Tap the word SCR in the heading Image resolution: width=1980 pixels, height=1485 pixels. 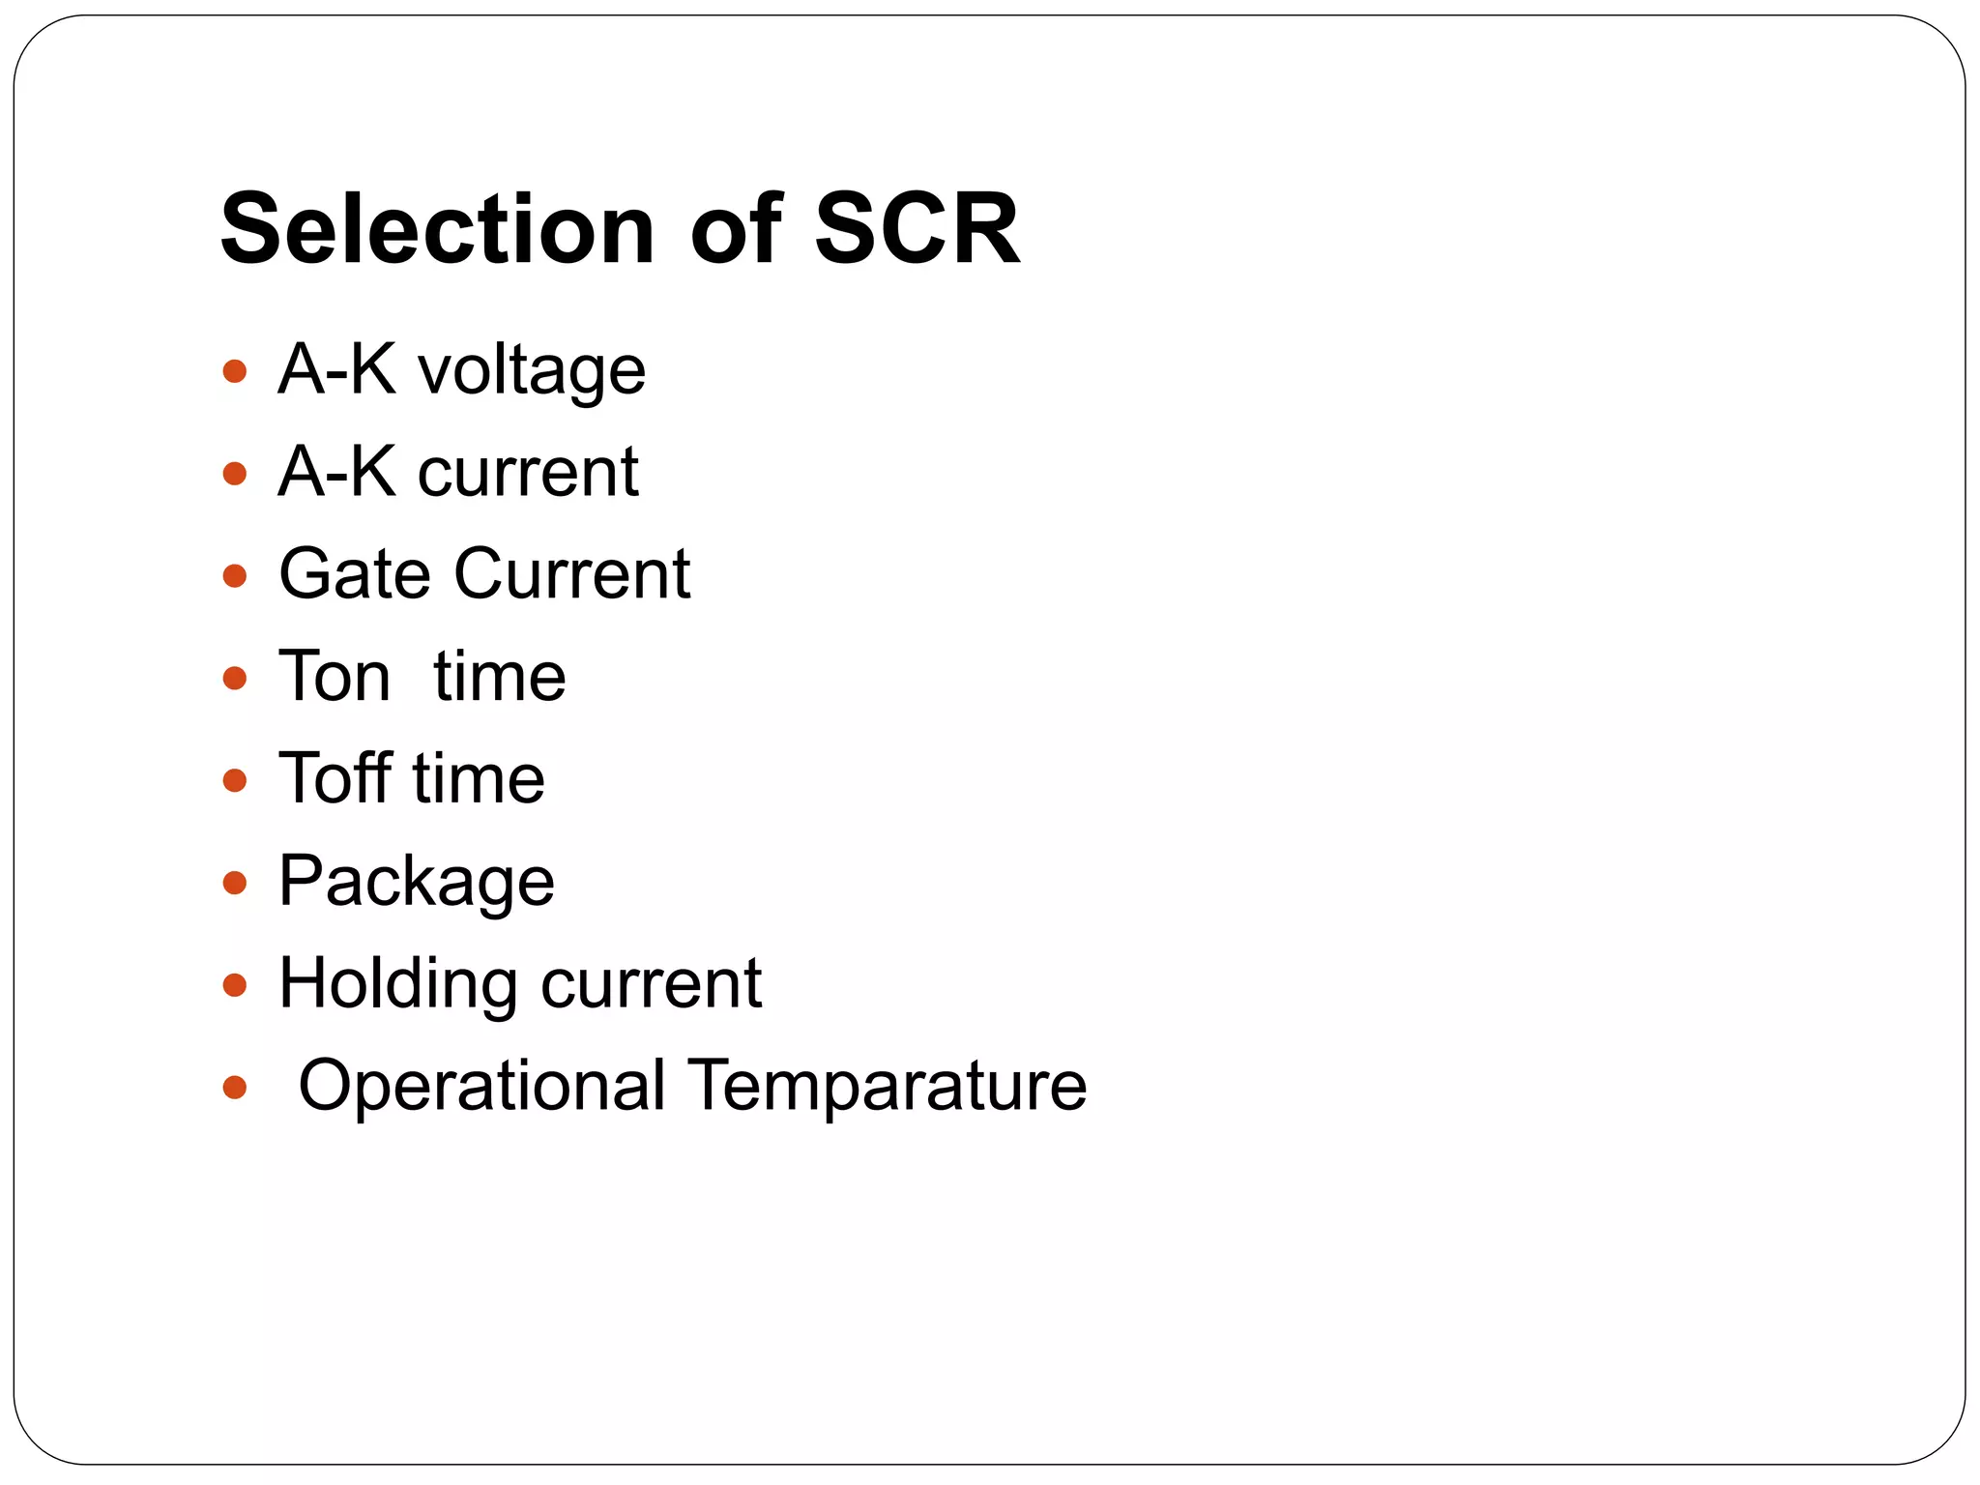point(917,229)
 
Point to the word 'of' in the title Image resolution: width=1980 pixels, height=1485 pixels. point(735,229)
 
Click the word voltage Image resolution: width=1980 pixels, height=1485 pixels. point(531,371)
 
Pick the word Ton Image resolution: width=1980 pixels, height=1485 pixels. point(335,676)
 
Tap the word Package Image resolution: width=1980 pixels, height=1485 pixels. point(416,882)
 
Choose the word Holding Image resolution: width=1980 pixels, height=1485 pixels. point(397,984)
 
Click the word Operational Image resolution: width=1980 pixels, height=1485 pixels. point(481,1086)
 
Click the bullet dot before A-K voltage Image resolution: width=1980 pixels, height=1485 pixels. point(234,371)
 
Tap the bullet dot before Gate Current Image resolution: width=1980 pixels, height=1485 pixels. point(234,576)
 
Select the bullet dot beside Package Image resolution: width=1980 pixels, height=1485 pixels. point(234,883)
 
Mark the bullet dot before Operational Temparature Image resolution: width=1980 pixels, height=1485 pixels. point(234,1088)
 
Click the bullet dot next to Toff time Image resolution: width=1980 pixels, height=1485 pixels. point(234,780)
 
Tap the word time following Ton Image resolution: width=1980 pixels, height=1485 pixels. point(499,676)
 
